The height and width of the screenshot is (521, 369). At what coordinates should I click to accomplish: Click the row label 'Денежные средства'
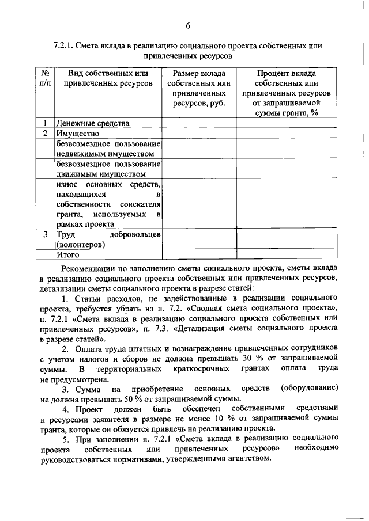point(92,123)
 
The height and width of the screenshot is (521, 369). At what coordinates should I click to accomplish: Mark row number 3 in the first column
point(44,235)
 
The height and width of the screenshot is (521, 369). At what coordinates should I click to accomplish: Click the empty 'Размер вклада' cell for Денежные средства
point(198,123)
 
